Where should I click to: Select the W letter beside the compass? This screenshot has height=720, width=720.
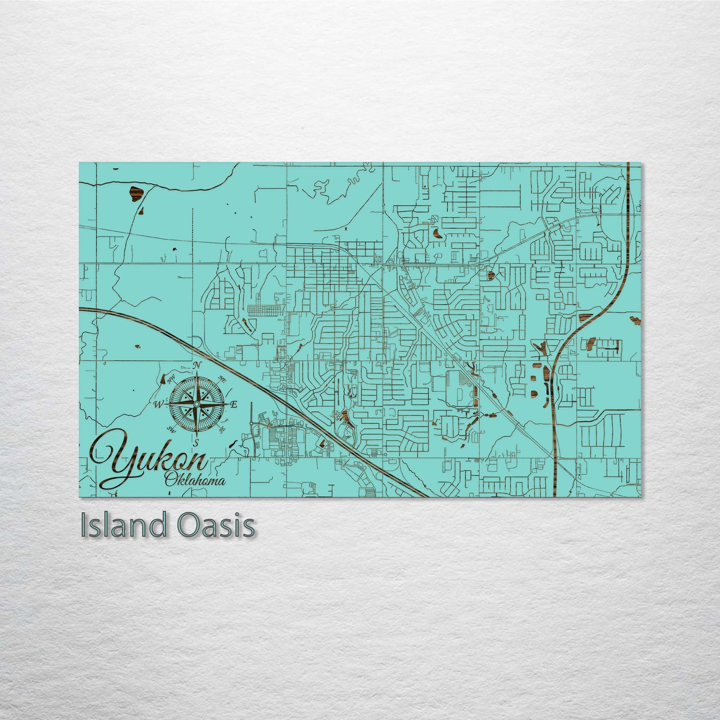point(159,404)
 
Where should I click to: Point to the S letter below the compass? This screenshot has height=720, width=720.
point(196,441)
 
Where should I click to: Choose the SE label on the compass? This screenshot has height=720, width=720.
point(222,429)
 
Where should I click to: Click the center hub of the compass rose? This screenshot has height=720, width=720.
point(197,404)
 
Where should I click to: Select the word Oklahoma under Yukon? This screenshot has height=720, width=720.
point(194,481)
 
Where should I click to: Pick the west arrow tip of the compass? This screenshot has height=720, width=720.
point(165,404)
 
